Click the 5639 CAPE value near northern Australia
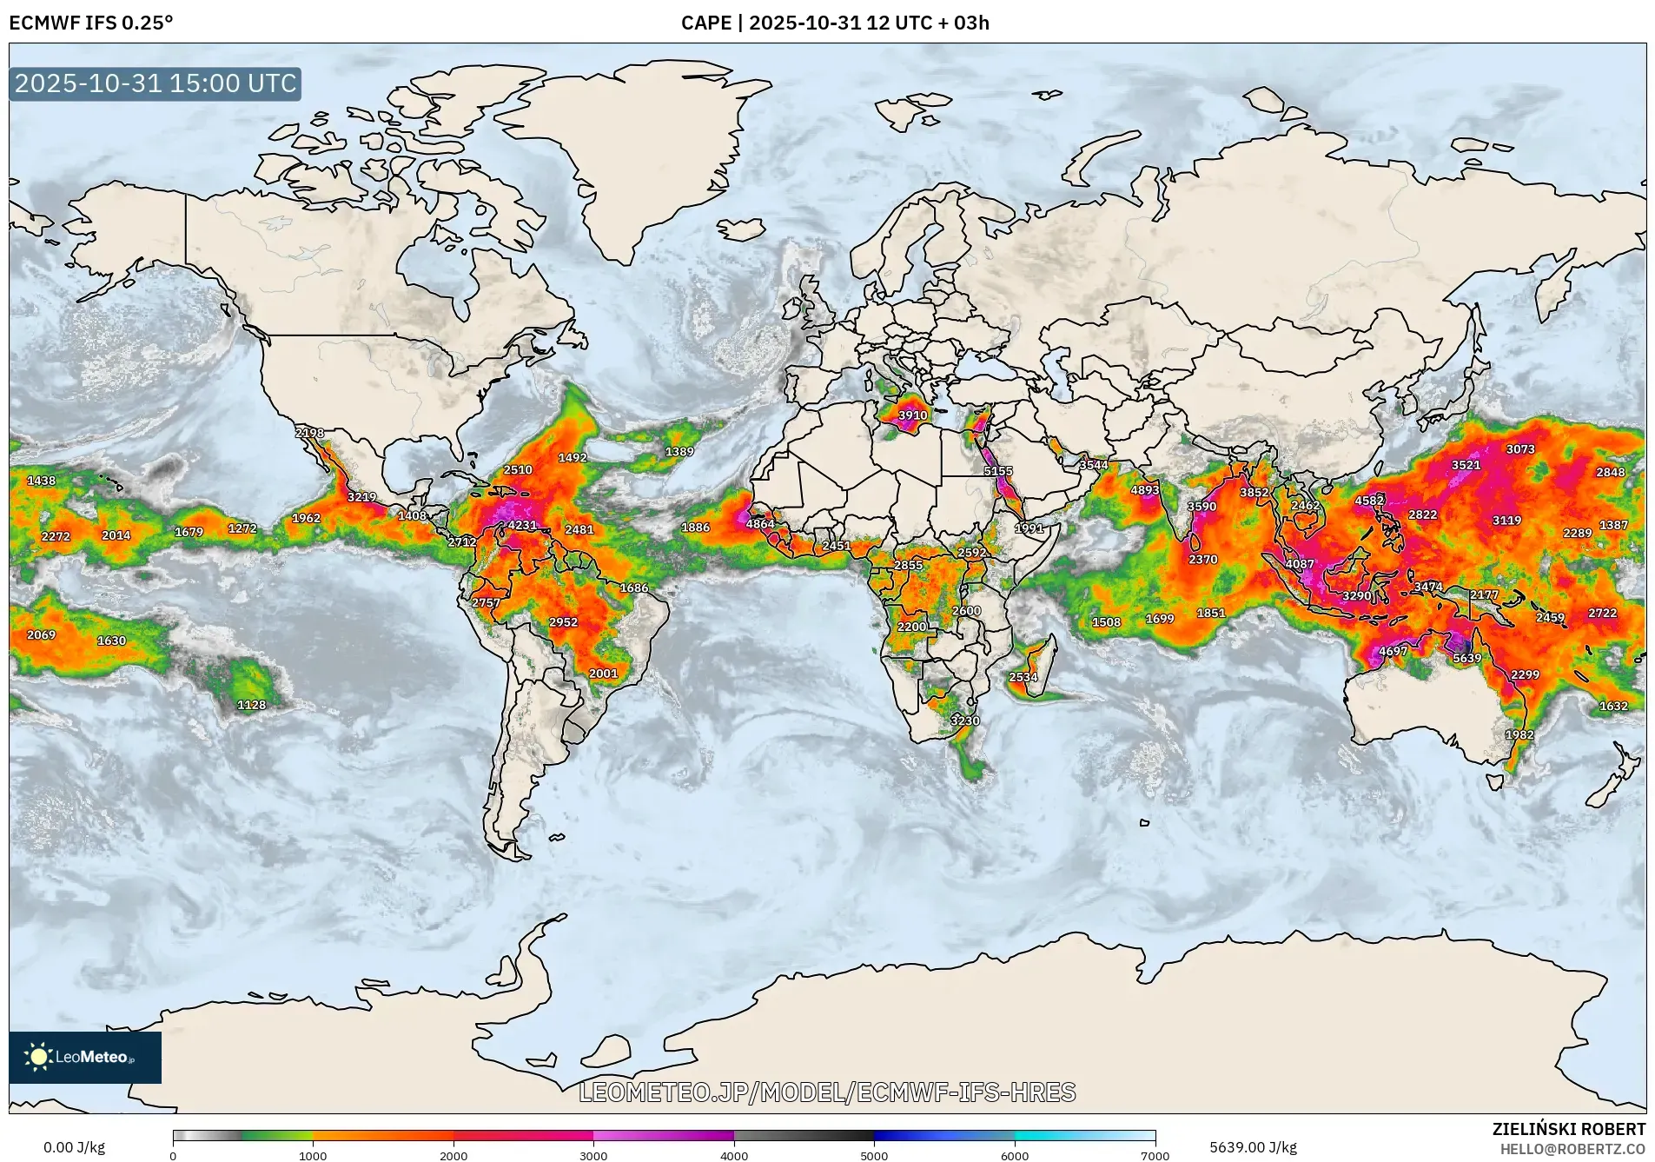[x=1467, y=658]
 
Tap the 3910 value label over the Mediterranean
[x=912, y=415]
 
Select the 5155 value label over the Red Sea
[x=997, y=471]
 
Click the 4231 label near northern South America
[x=522, y=525]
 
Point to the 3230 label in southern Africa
[x=964, y=720]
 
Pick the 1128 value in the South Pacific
[x=251, y=705]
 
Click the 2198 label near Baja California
[x=309, y=432]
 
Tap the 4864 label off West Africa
[x=759, y=524]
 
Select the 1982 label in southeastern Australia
[x=1519, y=734]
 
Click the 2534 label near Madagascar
[x=1023, y=677]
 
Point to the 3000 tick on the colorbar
[x=593, y=1155]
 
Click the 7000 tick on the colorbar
[x=1155, y=1155]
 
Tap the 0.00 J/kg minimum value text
[x=74, y=1147]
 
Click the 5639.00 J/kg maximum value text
[x=1253, y=1147]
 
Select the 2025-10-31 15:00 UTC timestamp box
[x=156, y=83]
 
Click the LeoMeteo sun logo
[x=38, y=1057]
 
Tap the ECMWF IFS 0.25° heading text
[x=91, y=23]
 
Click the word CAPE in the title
[x=705, y=23]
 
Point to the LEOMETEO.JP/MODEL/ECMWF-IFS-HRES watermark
[x=827, y=1092]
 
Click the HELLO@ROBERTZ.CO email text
[x=1572, y=1149]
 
